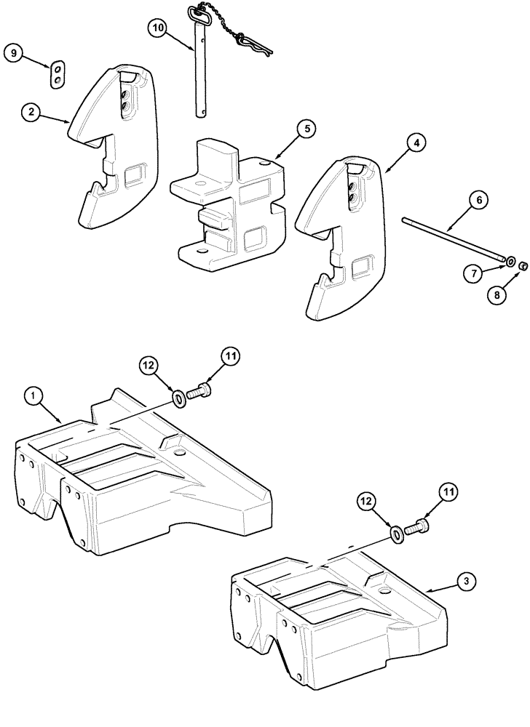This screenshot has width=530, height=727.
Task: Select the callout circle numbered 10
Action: point(158,29)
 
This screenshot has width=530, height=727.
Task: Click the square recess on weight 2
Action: point(136,176)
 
